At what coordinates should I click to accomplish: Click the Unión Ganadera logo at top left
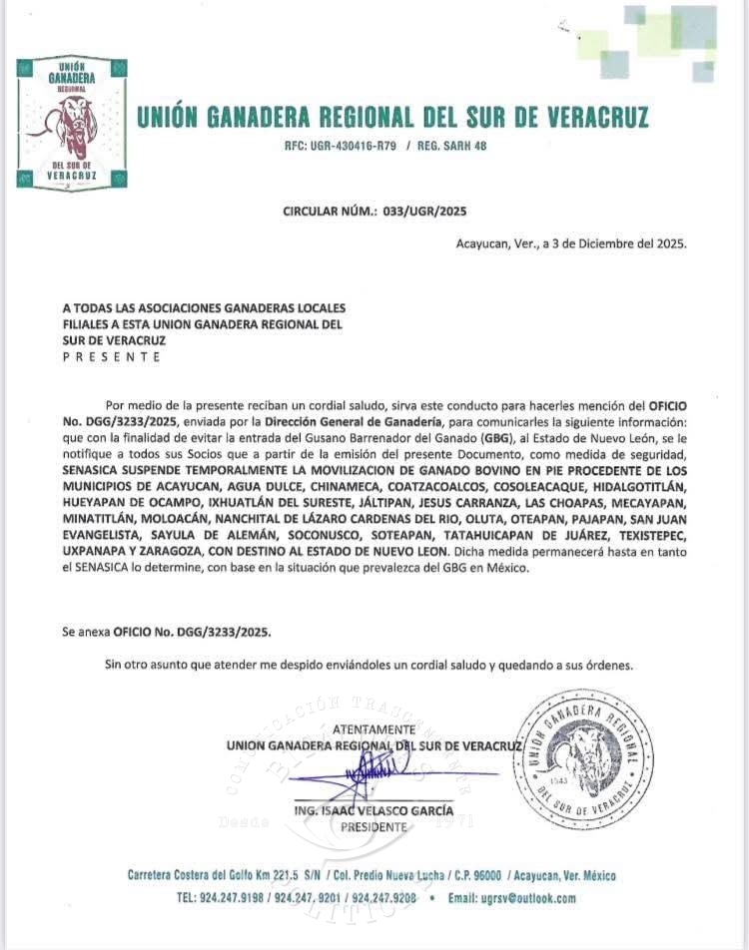click(72, 124)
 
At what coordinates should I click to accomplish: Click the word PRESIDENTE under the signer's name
click(374, 827)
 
